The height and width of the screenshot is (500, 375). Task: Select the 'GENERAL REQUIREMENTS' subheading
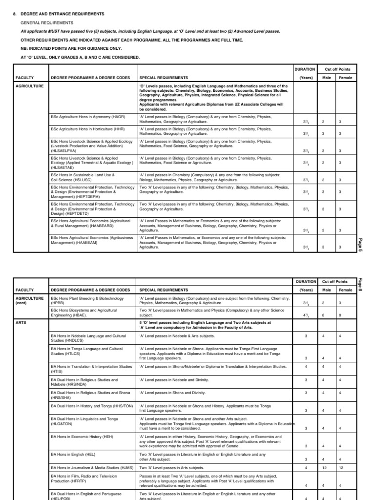click(47, 22)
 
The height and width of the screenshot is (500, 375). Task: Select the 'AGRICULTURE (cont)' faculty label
click(30, 300)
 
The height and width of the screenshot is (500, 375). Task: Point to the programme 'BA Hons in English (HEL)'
click(73, 454)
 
